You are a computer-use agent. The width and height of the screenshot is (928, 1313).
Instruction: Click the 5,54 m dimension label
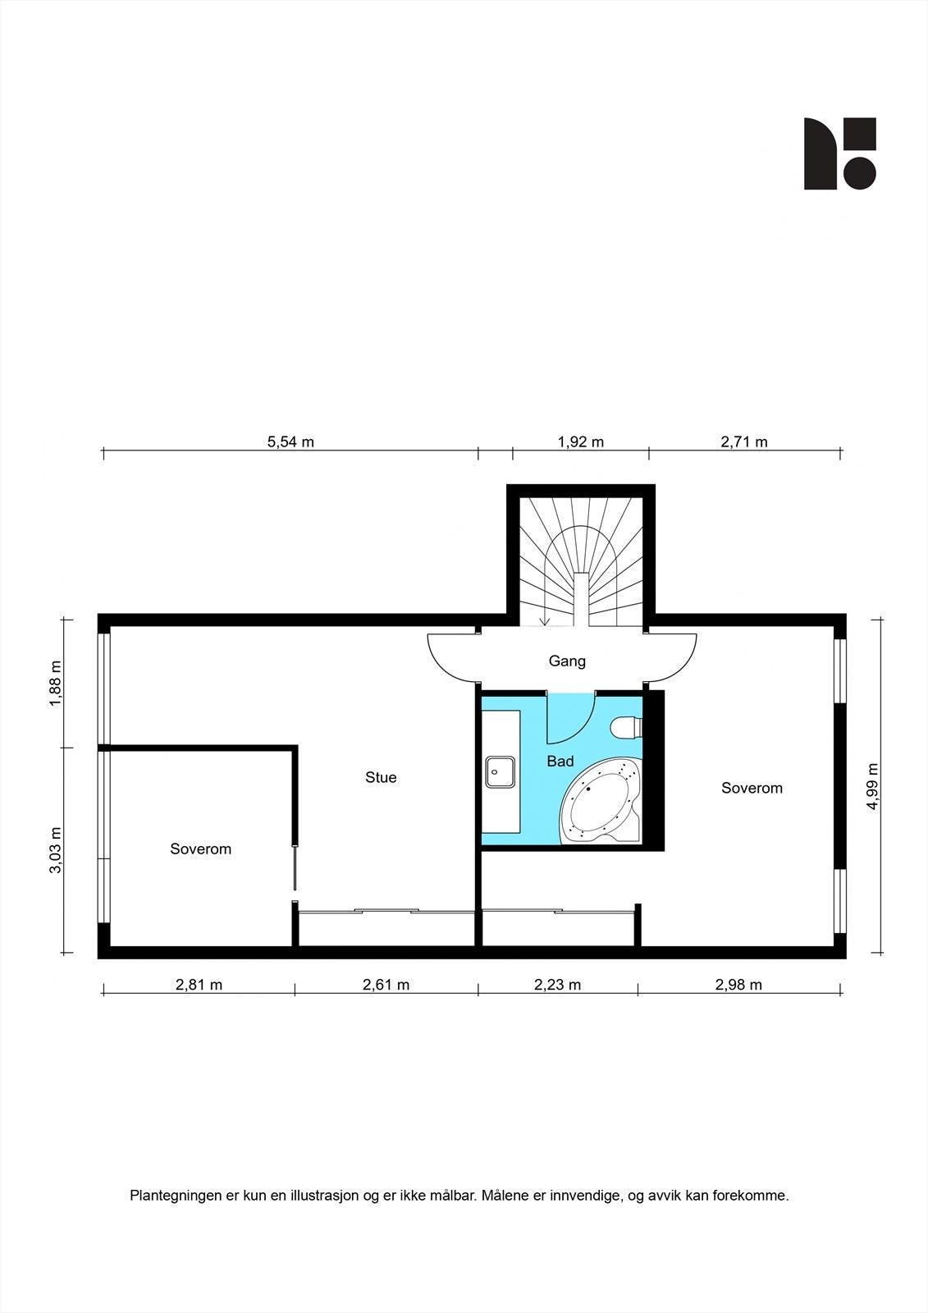pos(290,442)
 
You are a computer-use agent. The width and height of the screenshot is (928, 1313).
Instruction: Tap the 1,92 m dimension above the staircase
pos(580,442)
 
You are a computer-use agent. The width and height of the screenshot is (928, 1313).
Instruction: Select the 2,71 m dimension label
pos(744,442)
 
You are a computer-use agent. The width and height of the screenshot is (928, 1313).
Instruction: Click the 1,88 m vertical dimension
pos(56,683)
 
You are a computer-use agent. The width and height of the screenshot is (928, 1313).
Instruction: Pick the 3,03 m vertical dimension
pos(56,850)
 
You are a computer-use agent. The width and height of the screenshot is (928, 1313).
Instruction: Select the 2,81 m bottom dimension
pos(199,985)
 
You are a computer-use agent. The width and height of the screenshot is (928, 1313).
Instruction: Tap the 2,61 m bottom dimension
pos(386,985)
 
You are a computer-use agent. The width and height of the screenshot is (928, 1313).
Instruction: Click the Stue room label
pos(381,777)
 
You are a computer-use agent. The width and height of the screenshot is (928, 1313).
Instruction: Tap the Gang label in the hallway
pos(567,661)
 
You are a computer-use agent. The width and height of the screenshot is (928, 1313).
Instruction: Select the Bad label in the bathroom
pos(560,762)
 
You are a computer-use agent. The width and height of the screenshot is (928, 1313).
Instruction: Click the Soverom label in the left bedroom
pos(200,849)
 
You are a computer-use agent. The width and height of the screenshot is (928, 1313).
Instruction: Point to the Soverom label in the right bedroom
pos(752,788)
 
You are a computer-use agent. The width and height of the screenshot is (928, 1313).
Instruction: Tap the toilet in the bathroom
pos(628,727)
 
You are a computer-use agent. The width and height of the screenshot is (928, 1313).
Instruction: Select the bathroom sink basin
pos(500,772)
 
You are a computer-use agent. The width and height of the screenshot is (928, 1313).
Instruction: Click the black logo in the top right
pos(839,153)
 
